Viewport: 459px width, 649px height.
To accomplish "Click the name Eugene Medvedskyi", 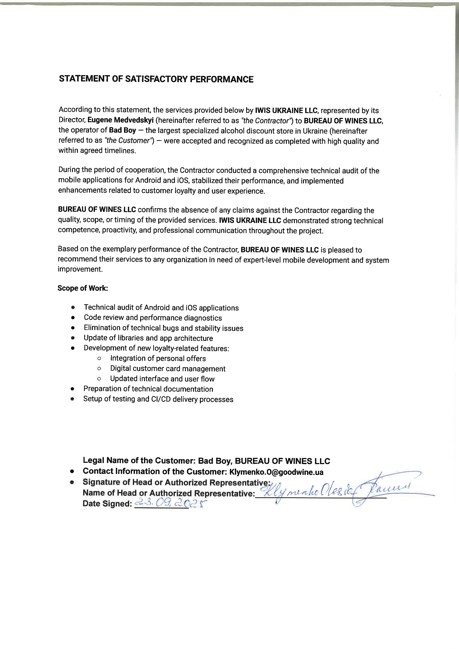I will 120,120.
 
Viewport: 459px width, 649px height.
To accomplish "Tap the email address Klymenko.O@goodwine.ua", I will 276,472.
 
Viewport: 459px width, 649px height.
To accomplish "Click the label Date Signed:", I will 107,504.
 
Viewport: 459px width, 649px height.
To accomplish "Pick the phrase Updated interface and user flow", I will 162,379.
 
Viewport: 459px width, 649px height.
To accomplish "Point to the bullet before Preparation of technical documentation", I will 73,389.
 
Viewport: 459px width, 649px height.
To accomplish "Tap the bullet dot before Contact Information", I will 72,472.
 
